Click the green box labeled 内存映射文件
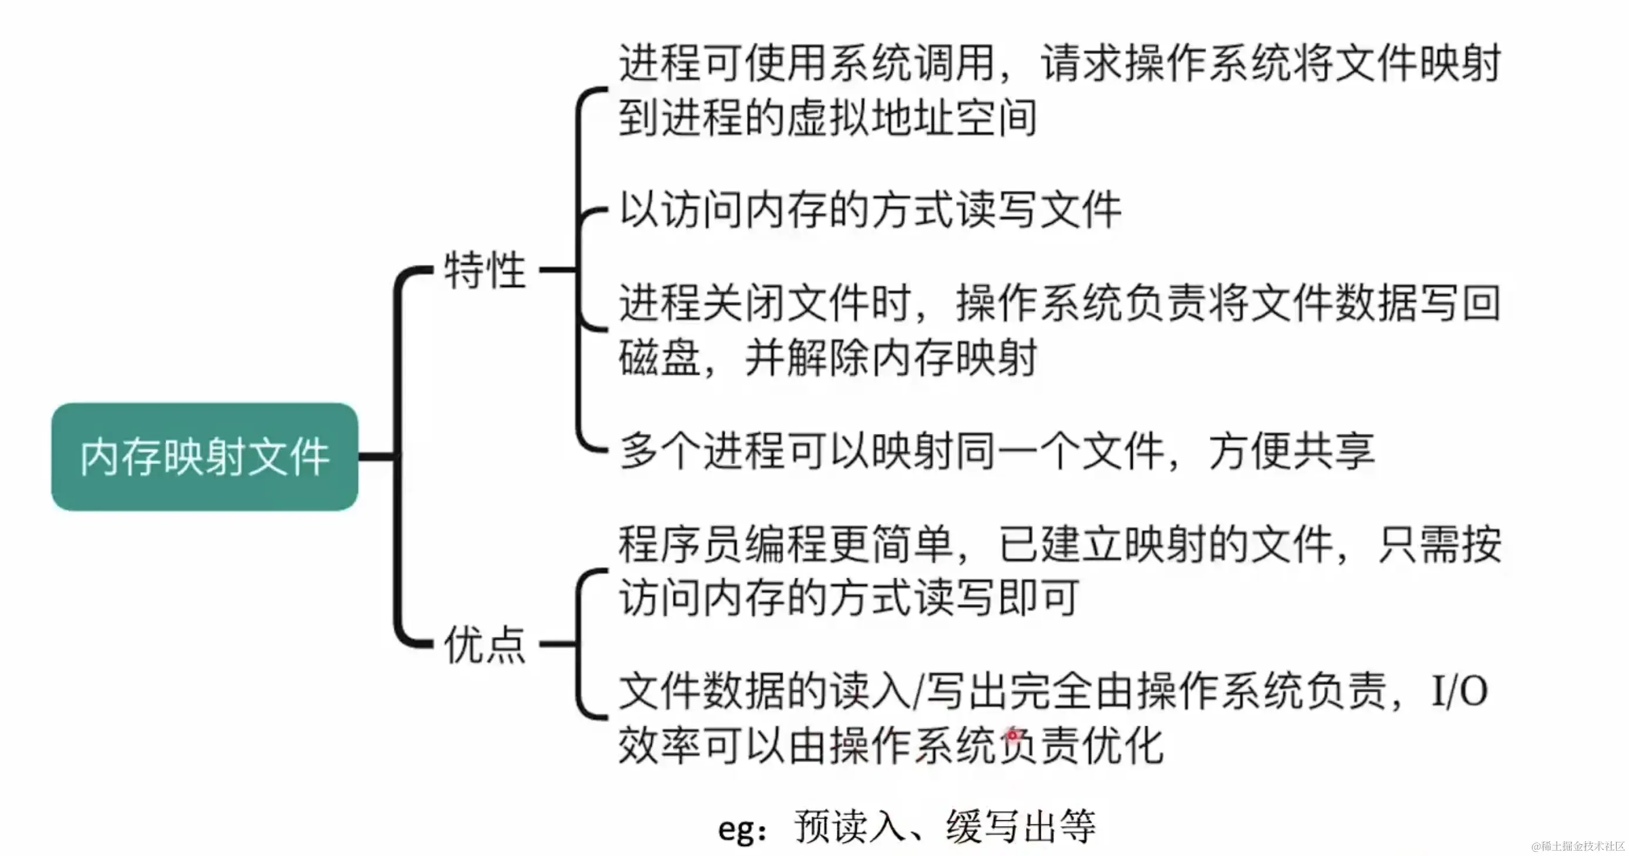[204, 456]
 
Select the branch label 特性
[485, 270]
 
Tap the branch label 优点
[485, 644]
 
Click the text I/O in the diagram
[1459, 691]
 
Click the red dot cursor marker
[1012, 735]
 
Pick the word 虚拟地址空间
[911, 117]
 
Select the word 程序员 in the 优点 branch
[681, 544]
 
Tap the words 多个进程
[702, 451]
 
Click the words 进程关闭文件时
[765, 304]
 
